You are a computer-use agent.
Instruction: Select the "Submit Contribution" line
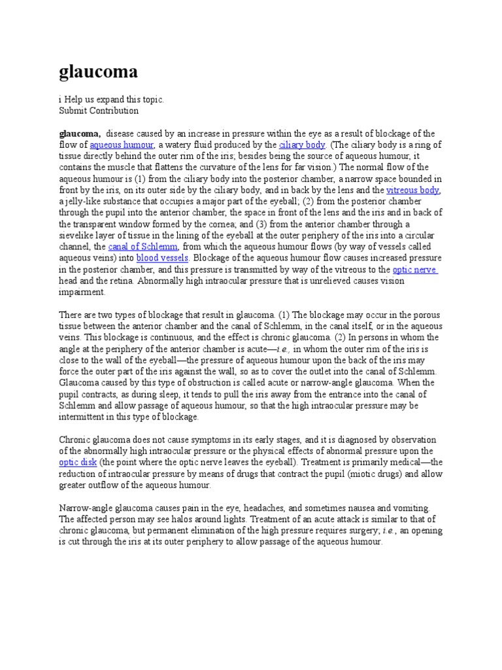click(x=99, y=111)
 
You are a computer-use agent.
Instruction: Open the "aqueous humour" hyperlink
click(x=122, y=145)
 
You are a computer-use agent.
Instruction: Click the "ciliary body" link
click(x=302, y=145)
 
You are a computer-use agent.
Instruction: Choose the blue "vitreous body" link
click(x=412, y=190)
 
